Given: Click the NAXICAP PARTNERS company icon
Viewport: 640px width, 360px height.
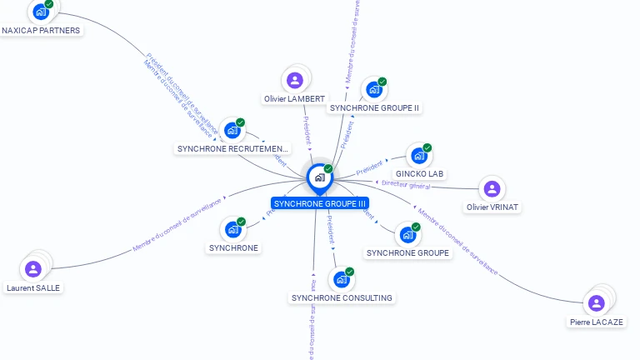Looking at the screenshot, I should point(39,12).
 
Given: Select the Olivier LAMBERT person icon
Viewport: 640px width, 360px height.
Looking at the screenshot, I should point(294,80).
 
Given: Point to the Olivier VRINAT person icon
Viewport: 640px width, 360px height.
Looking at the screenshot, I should point(492,189).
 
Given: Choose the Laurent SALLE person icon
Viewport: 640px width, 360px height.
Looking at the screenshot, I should point(33,268).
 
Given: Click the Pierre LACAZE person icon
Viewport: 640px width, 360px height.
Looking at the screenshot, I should point(596,303).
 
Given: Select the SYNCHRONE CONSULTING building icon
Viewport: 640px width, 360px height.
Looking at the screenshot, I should point(341,280).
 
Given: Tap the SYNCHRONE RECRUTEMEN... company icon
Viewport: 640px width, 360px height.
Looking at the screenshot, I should point(232,131).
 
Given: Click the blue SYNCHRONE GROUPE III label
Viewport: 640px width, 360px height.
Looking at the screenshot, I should point(320,203).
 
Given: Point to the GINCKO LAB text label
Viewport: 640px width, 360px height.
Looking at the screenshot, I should point(420,174).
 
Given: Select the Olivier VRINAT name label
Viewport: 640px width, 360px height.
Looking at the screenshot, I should point(492,207).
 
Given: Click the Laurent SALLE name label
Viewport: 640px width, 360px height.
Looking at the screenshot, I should point(33,288).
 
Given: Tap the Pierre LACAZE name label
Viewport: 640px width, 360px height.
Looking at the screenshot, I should point(597,322).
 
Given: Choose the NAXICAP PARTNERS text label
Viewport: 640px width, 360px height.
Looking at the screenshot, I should point(41,31).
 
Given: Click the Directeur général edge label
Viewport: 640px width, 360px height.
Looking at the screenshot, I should point(406,184).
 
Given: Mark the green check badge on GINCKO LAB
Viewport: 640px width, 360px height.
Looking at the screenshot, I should point(427,147).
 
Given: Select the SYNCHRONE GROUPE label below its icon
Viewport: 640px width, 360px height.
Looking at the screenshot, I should point(407,253).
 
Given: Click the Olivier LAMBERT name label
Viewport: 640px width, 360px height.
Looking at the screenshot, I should point(294,99).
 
